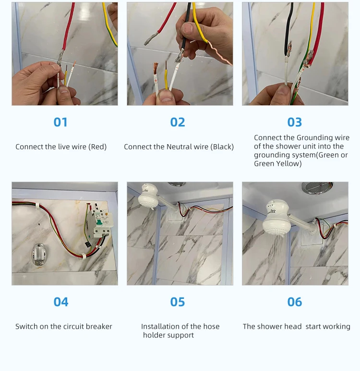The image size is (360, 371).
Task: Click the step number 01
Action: (x=60, y=122)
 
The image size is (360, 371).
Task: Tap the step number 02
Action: (x=178, y=122)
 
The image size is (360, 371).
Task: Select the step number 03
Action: (x=295, y=122)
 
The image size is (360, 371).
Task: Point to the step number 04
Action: (x=61, y=302)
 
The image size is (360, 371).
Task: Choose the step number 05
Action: (x=178, y=302)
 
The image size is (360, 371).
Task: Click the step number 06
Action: (x=295, y=302)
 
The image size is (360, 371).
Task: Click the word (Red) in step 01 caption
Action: (x=97, y=147)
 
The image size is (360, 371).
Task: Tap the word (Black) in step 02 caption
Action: (x=223, y=147)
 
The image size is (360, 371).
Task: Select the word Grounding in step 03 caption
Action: (x=312, y=138)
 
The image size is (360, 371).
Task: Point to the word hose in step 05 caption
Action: (x=212, y=326)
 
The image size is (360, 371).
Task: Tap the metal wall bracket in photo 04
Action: (x=39, y=255)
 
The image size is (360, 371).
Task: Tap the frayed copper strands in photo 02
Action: (x=156, y=68)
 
